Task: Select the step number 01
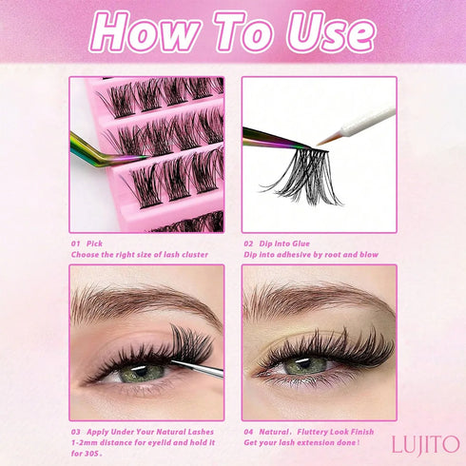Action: click(77, 243)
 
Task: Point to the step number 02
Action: click(248, 243)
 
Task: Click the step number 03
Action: click(77, 431)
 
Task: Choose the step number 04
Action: click(248, 431)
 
